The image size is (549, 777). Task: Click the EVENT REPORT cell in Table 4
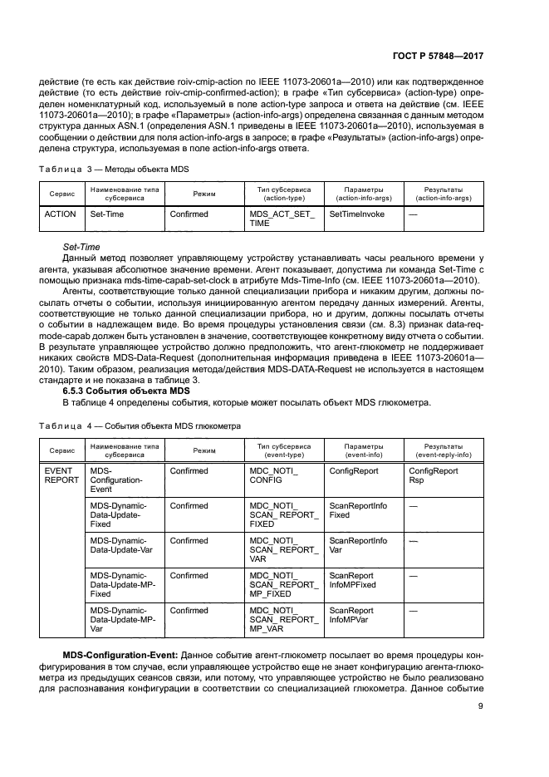pyautogui.click(x=61, y=475)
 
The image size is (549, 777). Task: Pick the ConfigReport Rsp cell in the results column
pyautogui.click(x=433, y=475)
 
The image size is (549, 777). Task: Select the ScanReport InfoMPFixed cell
pyautogui.click(x=352, y=580)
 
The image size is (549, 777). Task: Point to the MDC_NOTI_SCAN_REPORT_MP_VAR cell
pyautogui.click(x=282, y=620)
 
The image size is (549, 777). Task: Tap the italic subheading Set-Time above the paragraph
pyautogui.click(x=81, y=248)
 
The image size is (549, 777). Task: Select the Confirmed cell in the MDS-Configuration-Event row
pyautogui.click(x=189, y=470)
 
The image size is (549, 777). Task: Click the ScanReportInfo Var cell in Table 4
pyautogui.click(x=358, y=546)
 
